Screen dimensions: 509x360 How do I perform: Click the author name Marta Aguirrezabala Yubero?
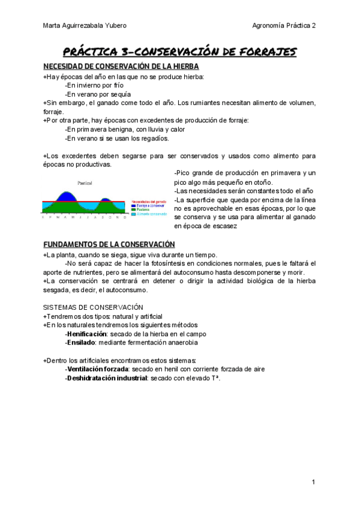pos(85,25)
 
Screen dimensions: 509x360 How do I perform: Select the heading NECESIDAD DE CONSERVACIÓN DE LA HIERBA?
pos(121,67)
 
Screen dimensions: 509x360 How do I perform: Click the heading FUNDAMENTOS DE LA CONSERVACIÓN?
pos(109,244)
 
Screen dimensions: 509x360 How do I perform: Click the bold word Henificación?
pos(87,333)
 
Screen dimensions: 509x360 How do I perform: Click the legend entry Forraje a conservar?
pos(148,205)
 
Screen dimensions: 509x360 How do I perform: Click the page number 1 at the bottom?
pos(313,483)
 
